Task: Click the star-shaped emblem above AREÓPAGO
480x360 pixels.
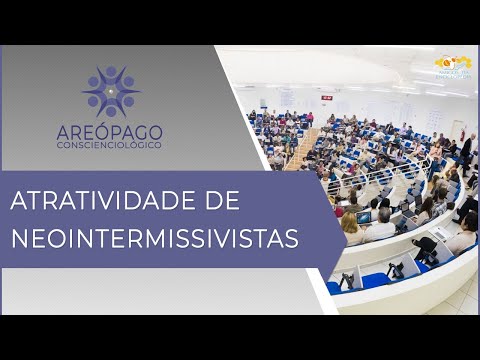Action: (111, 92)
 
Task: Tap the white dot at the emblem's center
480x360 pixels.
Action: (111, 92)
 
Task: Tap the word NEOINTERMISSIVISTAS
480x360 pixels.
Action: (160, 240)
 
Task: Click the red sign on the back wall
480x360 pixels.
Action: (326, 97)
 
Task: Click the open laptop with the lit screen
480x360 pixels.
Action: (364, 216)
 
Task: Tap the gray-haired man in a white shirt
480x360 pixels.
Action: (383, 226)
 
